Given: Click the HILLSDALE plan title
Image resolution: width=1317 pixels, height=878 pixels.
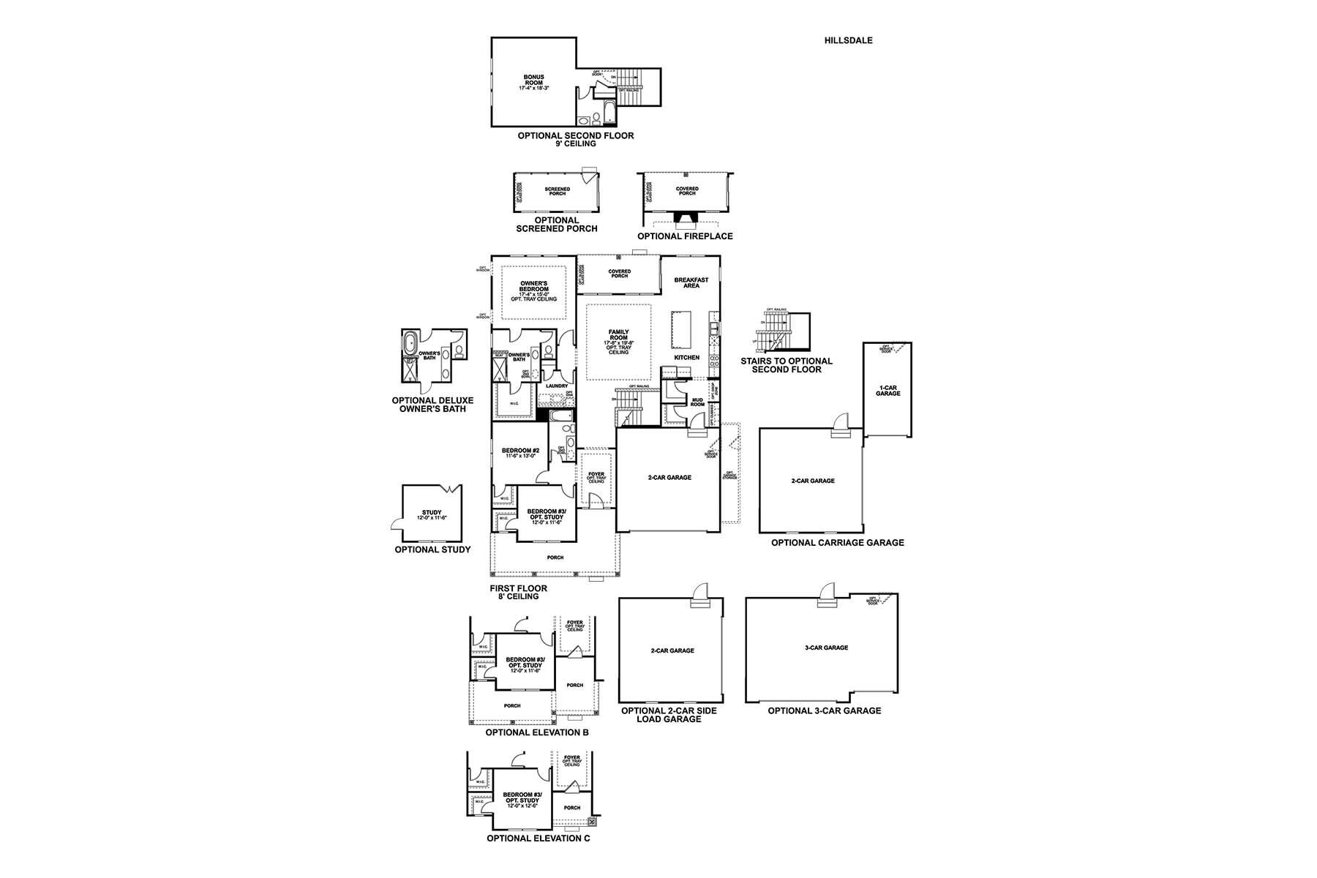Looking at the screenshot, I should tap(848, 40).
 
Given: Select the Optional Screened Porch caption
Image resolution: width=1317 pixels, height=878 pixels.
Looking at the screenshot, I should tap(557, 225).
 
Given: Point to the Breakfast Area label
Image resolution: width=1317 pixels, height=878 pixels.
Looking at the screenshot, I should tap(691, 282).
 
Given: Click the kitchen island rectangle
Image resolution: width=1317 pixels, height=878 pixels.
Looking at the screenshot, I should tap(682, 331).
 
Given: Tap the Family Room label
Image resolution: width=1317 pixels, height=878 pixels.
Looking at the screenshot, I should tap(618, 341).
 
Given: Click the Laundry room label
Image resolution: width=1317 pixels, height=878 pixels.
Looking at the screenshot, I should tap(556, 386).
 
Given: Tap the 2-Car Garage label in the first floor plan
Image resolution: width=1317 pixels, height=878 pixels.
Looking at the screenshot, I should tap(669, 478).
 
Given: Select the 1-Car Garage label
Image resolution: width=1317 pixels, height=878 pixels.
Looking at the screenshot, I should tap(888, 391).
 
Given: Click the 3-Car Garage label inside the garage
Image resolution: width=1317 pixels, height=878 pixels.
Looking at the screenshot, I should tap(825, 648).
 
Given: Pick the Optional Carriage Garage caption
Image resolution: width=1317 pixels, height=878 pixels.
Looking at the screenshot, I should tap(837, 543).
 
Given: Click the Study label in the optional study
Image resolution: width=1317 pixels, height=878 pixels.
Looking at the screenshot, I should tap(432, 514).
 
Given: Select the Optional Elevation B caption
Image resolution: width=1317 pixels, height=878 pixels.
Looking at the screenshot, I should tap(536, 732).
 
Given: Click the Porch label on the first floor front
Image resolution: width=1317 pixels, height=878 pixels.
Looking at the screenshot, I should tap(555, 558).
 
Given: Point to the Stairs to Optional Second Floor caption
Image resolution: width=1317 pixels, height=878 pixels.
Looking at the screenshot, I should tap(786, 365).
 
